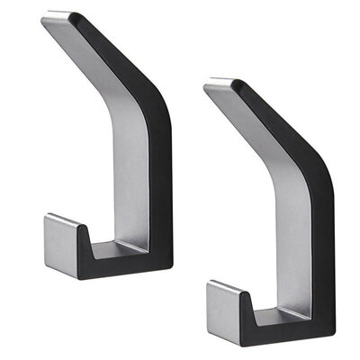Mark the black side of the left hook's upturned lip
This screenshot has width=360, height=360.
86,252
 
